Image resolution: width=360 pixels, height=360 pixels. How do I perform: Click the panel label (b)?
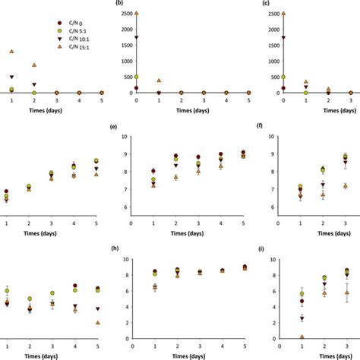116,4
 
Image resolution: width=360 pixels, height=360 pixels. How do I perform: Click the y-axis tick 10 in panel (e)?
124,137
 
